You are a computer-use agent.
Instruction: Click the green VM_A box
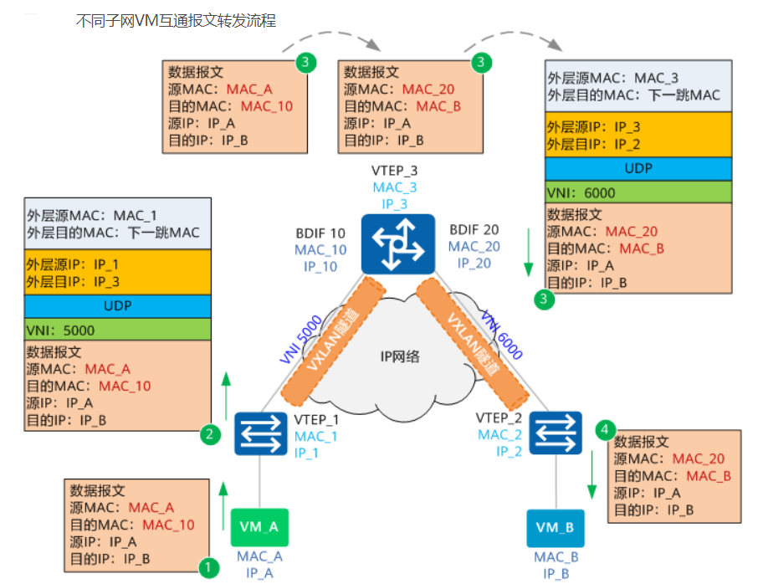pyautogui.click(x=259, y=527)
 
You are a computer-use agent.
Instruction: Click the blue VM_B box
pyautogui.click(x=555, y=528)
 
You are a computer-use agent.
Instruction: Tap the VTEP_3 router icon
pyautogui.click(x=398, y=243)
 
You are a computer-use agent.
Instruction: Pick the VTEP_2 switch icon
pyautogui.click(x=555, y=433)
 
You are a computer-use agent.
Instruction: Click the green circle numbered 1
pyautogui.click(x=208, y=566)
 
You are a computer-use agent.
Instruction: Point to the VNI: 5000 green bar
pyautogui.click(x=118, y=329)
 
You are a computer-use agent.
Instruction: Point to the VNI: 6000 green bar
pyautogui.click(x=638, y=193)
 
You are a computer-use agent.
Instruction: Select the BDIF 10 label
pyautogui.click(x=320, y=233)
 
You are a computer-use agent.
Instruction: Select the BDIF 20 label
pyautogui.click(x=474, y=229)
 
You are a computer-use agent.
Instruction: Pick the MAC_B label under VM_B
pyautogui.click(x=555, y=557)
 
